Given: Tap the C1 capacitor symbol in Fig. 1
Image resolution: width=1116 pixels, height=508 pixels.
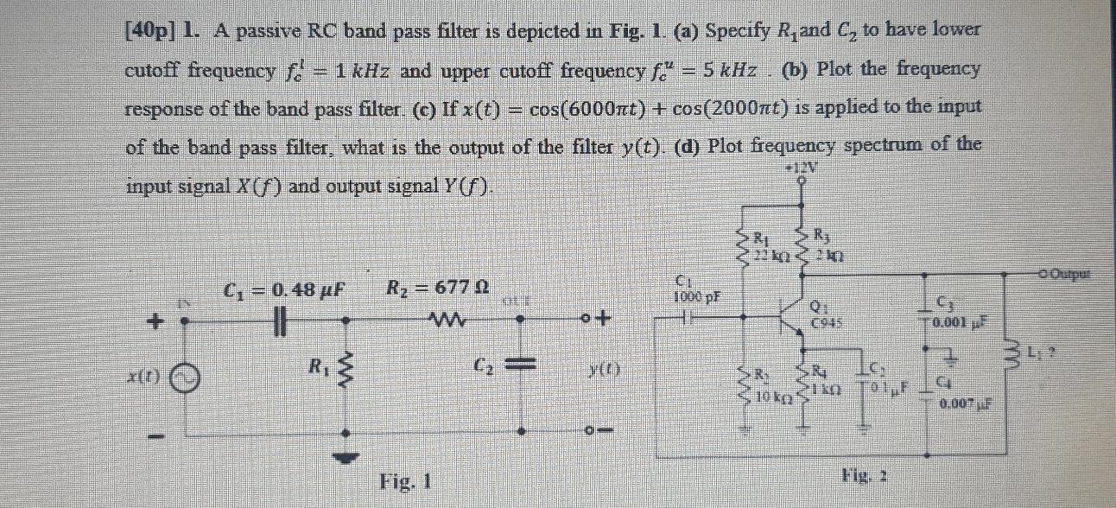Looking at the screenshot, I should click(x=278, y=320).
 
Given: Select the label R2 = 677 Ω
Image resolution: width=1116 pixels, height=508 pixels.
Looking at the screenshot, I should click(x=440, y=289).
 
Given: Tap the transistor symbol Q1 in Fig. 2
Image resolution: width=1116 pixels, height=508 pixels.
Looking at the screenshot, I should click(x=790, y=319).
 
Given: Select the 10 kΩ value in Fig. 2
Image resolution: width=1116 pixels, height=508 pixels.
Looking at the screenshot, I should click(x=768, y=399).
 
